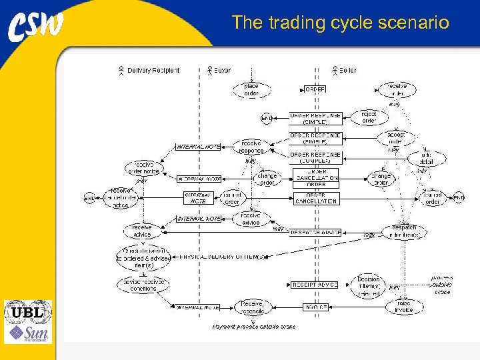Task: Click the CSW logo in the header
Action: coord(37,26)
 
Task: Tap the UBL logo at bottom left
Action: coord(27,311)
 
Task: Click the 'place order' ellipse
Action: coord(251,90)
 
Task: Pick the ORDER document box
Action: coord(315,89)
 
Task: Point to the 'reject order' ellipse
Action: coord(369,117)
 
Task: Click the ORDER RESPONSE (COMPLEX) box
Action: coord(315,157)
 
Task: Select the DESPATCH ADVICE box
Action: coord(315,233)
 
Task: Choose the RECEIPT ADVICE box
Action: coord(315,285)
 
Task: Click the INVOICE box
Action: coord(315,307)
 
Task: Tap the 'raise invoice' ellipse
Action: coord(404,307)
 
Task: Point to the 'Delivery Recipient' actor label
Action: coord(153,70)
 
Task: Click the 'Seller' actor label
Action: coord(347,70)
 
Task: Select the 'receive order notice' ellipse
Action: coord(143,168)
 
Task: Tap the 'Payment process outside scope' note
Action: coord(253,327)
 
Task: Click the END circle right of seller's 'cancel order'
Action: coord(458,198)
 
